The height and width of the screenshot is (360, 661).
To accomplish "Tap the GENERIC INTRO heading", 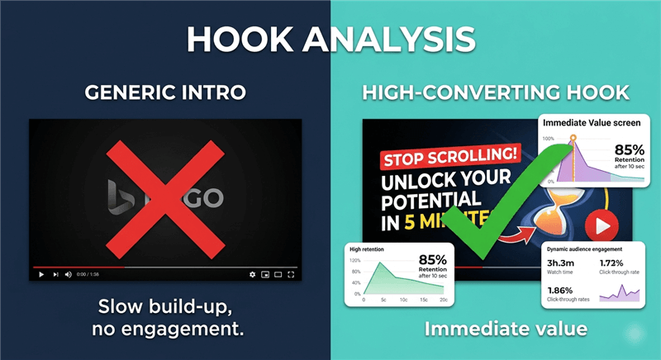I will pyautogui.click(x=165, y=92).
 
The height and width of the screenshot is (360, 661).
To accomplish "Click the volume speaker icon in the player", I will pyautogui.click(x=69, y=274).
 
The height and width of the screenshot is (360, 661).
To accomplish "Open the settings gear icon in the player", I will pyautogui.click(x=253, y=274).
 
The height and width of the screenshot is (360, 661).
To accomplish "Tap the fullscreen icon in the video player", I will pyautogui.click(x=292, y=274).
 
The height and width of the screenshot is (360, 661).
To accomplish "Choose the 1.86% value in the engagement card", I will pyautogui.click(x=563, y=291).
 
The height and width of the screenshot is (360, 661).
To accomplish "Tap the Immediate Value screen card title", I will pyautogui.click(x=587, y=123).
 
